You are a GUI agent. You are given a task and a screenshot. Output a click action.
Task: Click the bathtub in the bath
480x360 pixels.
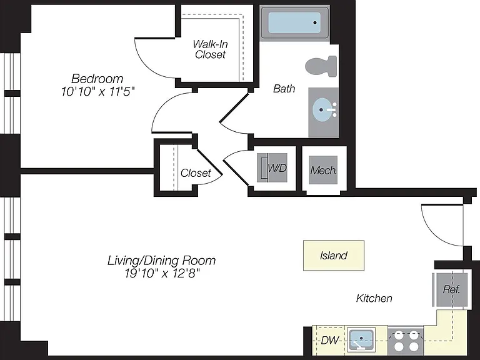294,23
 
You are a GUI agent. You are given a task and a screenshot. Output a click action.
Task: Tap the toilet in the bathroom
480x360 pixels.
321,66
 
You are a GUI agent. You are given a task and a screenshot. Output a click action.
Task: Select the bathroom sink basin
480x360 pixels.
322,109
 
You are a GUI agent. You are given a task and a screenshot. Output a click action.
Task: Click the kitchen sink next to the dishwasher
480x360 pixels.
361,340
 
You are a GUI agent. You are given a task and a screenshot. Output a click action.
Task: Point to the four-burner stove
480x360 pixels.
406,341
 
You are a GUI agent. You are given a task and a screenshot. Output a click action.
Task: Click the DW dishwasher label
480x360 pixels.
330,340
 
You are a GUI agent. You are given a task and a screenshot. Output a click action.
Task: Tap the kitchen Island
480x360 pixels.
334,255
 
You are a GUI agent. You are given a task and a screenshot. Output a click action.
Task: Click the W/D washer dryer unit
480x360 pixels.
272,168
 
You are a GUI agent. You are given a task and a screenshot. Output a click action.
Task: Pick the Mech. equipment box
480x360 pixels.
323,170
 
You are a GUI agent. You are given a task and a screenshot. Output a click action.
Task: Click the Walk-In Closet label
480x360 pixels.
210,49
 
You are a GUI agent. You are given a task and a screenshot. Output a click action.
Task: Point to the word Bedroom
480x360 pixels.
97,79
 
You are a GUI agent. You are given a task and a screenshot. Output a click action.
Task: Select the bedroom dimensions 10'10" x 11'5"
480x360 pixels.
98,91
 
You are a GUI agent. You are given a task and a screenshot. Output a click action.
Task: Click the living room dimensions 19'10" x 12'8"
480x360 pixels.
162,273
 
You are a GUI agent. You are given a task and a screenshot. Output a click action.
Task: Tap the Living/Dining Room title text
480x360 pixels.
162,261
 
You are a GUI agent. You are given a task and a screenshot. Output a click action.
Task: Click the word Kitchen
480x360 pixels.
374,298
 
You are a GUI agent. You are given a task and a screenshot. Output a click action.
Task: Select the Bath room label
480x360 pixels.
284,89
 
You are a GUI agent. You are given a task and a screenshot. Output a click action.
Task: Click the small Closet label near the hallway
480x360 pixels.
196,173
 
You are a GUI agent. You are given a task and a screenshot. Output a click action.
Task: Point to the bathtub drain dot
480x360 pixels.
315,22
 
